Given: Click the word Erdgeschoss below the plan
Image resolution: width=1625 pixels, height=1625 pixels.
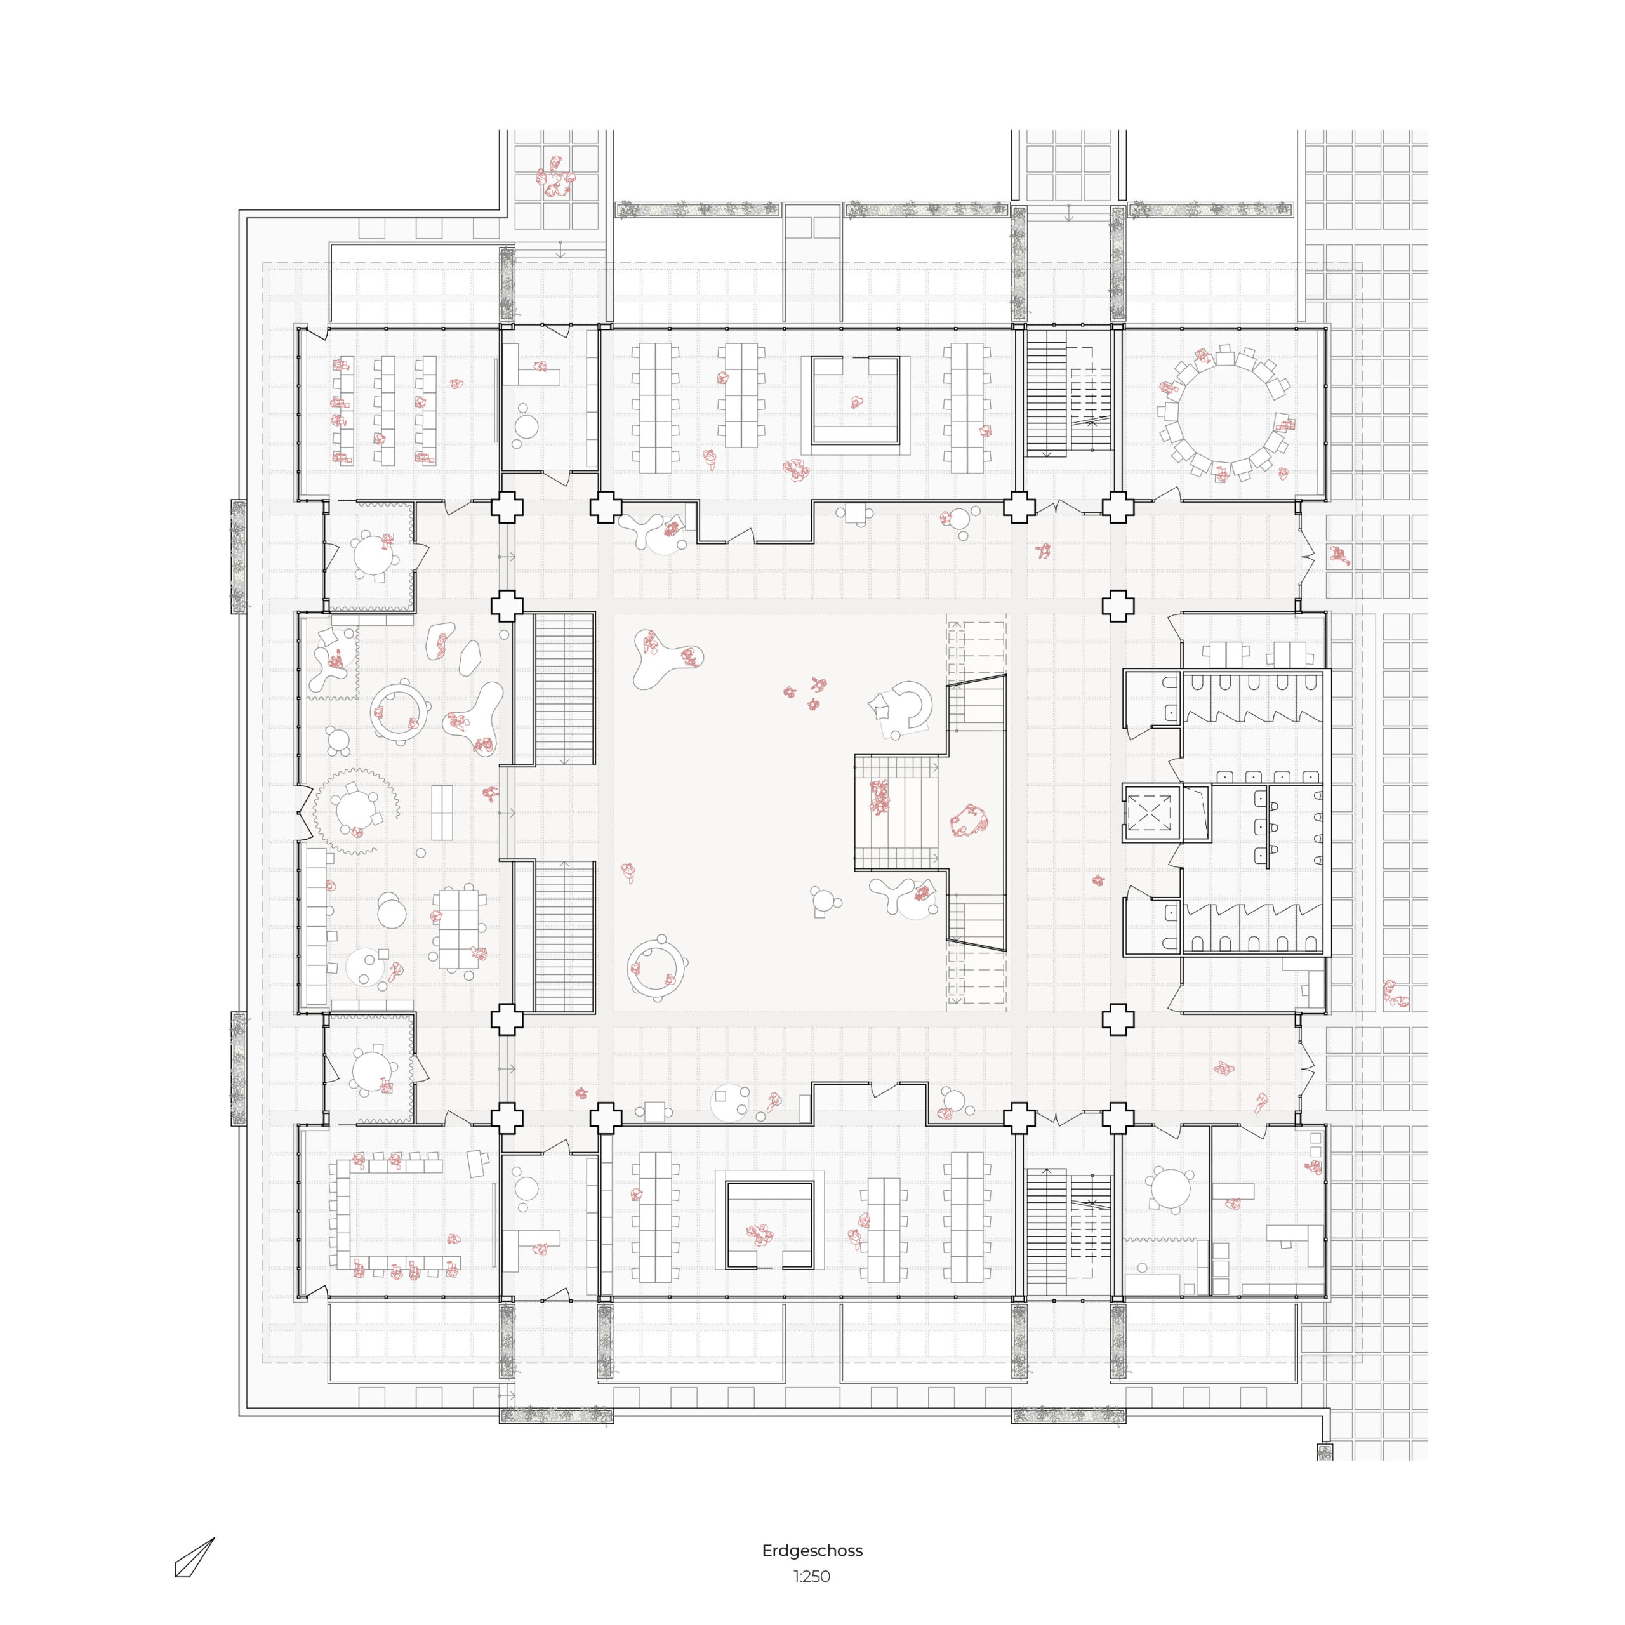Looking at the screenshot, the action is tap(812, 1550).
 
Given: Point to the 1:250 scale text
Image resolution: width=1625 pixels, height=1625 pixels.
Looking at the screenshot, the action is tap(812, 1576).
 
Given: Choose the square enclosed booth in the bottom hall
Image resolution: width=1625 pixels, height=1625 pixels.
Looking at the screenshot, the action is tap(769, 1226).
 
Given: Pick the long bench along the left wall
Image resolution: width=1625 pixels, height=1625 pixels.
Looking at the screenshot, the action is tap(316, 925).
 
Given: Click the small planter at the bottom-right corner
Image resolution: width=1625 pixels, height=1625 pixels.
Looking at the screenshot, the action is tap(1325, 1452).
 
